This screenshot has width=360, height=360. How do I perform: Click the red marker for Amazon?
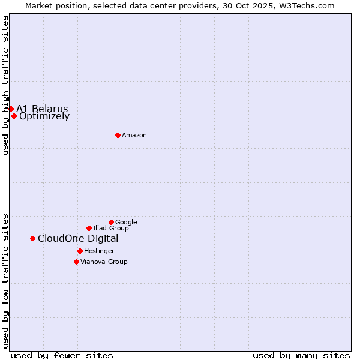click(118, 135)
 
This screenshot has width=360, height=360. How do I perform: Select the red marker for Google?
click(111, 222)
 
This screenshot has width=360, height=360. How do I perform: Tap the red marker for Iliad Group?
click(89, 228)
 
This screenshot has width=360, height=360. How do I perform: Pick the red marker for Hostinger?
click(80, 251)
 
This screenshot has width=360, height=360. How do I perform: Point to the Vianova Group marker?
click(76, 262)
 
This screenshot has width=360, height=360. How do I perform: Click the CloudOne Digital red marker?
click(32, 238)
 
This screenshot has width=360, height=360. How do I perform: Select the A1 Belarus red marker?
click(11, 109)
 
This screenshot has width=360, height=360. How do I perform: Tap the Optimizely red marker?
click(14, 116)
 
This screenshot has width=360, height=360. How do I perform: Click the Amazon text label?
click(134, 136)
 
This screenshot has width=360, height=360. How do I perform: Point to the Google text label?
click(126, 223)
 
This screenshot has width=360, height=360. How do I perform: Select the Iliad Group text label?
click(111, 229)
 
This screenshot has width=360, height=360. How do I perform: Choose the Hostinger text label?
click(99, 251)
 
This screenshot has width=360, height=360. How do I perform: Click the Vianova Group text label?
click(104, 262)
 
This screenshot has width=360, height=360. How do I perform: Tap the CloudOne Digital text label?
click(78, 239)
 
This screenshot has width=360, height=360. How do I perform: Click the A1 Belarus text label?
click(42, 109)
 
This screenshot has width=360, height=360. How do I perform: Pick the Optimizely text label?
click(44, 116)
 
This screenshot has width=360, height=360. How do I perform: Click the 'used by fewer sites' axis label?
click(62, 355)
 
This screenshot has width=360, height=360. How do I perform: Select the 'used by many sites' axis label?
click(301, 355)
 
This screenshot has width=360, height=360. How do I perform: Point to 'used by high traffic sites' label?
click(5, 85)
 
